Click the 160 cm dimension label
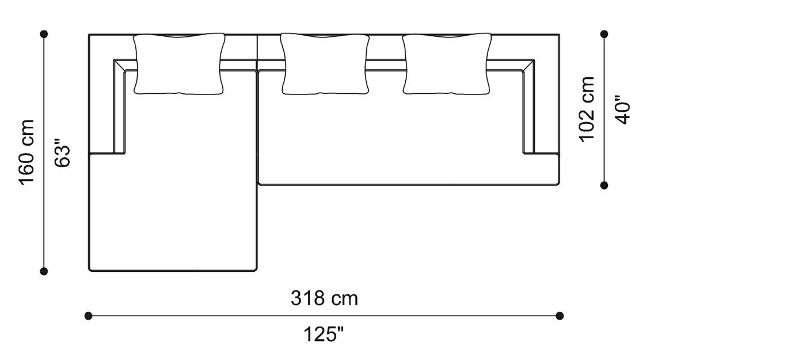coord(28,152)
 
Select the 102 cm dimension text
coord(587,109)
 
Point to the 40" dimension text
coord(623,110)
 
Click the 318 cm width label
coord(324,298)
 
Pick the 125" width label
coord(324,334)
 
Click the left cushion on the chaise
coord(179,64)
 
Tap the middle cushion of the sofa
coord(325,64)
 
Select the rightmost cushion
coord(447,64)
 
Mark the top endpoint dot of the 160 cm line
coord(44,34)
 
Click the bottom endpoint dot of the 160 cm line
coord(44,271)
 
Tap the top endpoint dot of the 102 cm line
coord(604,34)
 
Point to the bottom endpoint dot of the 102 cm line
coord(604,185)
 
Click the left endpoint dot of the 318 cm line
coord(88,316)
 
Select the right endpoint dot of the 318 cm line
coord(560,316)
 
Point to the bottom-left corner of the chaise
coord(89,271)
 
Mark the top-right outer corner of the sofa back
coord(559,35)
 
